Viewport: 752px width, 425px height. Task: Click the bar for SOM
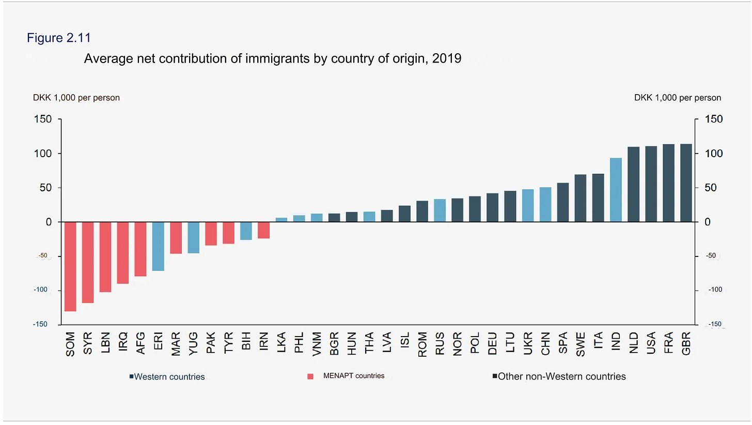(70, 266)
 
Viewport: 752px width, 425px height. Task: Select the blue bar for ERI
(158, 246)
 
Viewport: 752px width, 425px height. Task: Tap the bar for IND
(616, 190)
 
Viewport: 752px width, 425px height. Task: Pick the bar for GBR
(686, 183)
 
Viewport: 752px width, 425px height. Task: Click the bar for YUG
(193, 237)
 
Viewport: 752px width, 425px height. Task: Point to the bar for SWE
(581, 198)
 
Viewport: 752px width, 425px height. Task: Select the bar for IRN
(263, 230)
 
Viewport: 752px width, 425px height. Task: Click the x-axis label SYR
(88, 343)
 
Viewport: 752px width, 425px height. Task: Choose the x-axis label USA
(651, 343)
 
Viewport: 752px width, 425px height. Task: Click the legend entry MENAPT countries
(354, 376)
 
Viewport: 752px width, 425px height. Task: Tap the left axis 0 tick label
(49, 222)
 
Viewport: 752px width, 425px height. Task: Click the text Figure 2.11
(59, 38)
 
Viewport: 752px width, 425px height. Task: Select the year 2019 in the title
(447, 58)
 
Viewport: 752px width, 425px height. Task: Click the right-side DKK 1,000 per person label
(678, 98)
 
